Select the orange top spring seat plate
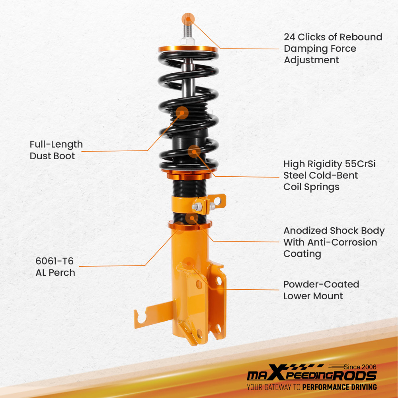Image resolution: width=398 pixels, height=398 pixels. pos(188,49)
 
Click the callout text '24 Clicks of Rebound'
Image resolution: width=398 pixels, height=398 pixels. pos(333,37)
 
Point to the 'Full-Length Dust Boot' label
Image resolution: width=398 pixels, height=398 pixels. pos(56,150)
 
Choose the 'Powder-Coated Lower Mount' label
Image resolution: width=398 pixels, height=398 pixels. pos(321,290)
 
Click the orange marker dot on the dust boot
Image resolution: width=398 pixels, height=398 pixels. pos(182,113)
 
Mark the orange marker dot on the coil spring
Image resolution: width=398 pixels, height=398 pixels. pos(194,151)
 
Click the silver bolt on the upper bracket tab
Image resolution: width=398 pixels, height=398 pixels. pos(196,207)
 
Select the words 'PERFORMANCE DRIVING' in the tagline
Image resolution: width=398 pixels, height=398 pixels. pos(339,387)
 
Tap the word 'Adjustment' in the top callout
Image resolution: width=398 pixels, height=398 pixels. pos(311,60)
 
